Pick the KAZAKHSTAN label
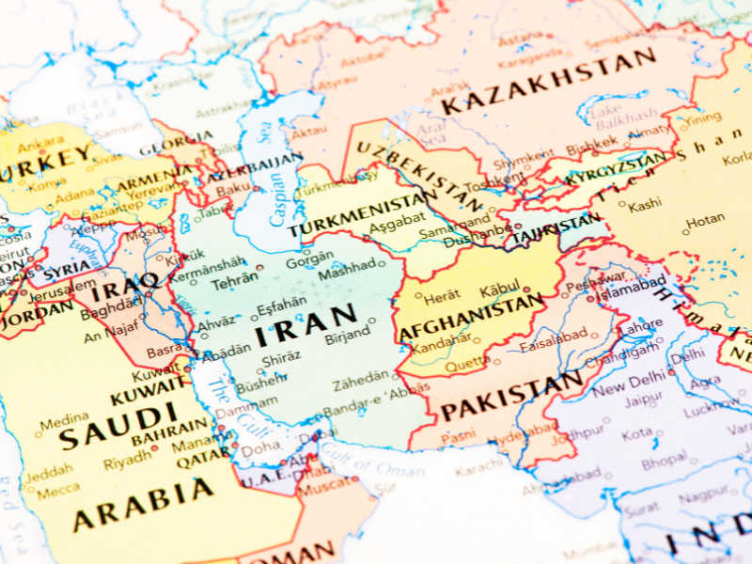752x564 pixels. pos(548,82)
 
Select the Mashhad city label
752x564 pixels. pos(346,266)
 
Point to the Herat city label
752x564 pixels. pos(442,297)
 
